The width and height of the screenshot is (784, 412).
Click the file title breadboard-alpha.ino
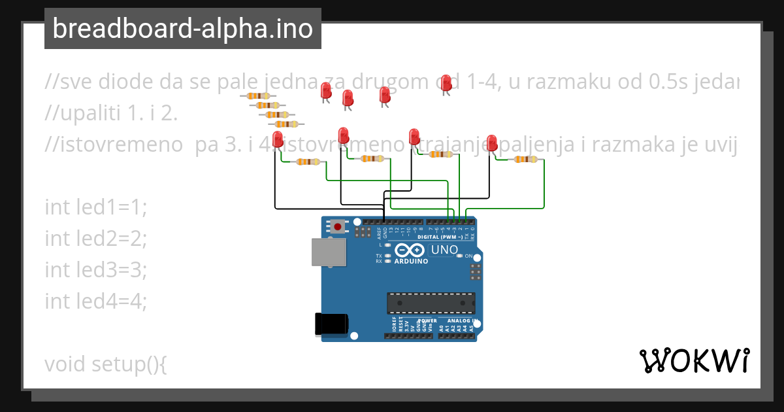coord(182,29)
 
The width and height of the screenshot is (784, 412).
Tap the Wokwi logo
coord(694,360)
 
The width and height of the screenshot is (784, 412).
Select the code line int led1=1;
coord(96,207)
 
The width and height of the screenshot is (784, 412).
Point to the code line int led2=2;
coord(96,239)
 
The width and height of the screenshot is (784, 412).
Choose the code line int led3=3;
coord(96,269)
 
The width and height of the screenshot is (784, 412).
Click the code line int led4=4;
coord(96,301)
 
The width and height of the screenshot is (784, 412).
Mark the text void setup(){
coord(106,364)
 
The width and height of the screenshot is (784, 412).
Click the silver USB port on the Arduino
coord(329,252)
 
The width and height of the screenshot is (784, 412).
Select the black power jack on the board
coord(331,324)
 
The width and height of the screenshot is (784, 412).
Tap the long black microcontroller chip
coord(431,303)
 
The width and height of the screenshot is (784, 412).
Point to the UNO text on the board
coord(444,250)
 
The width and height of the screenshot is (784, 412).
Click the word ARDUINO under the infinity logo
coord(411,261)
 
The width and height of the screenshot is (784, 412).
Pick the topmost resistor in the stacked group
coord(259,96)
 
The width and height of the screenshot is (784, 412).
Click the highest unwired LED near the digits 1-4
coord(446,82)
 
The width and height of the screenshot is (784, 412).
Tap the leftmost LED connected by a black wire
coord(278,139)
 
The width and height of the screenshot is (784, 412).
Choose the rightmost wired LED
coord(492,142)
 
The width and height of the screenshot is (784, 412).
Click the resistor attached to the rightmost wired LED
coord(526,160)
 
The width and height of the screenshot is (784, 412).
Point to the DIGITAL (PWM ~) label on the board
coord(442,237)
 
